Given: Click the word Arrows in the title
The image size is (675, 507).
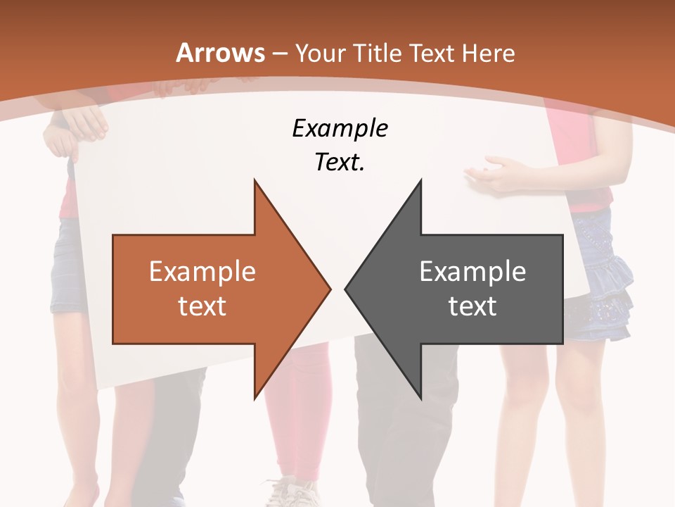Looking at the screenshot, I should click(x=221, y=53).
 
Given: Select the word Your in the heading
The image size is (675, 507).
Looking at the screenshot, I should click(x=321, y=53).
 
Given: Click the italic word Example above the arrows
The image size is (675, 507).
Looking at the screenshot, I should click(x=340, y=128).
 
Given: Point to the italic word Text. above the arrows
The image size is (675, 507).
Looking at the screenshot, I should click(x=340, y=163).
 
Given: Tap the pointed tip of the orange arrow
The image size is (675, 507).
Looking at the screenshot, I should click(x=329, y=289).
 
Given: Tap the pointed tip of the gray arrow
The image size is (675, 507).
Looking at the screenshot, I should click(x=347, y=289).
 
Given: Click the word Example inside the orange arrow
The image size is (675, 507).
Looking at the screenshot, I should click(x=202, y=272).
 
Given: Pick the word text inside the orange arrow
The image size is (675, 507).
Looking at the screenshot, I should click(x=202, y=306).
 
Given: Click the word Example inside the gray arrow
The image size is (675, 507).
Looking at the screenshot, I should click(x=472, y=272).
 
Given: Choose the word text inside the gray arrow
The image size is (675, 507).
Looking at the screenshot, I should click(x=472, y=306).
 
